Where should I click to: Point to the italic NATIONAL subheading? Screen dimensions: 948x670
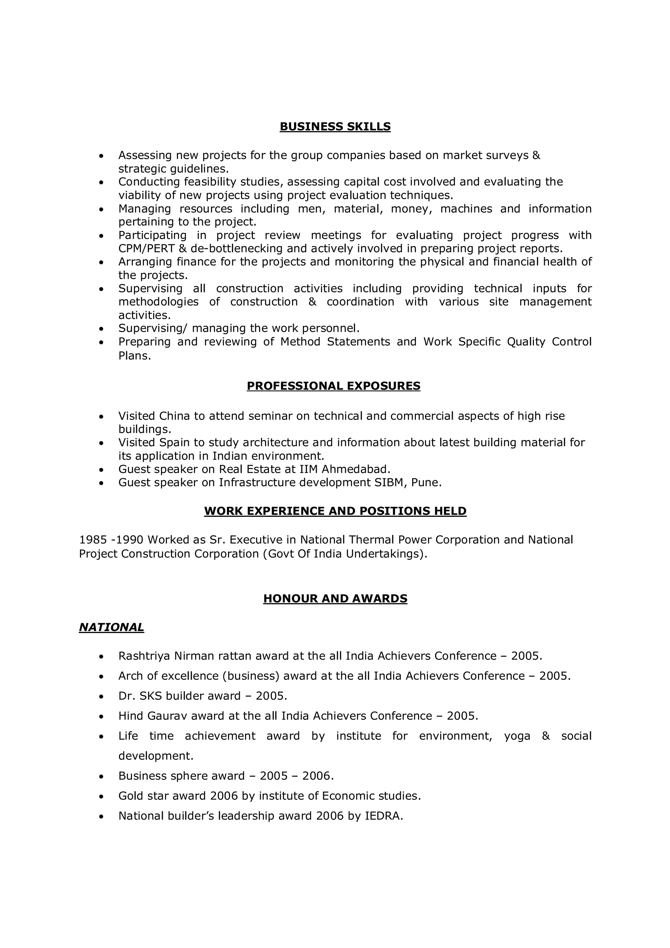coord(112,627)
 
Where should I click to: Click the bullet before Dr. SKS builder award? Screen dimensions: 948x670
coord(101,696)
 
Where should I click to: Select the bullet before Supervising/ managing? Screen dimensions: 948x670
coord(101,329)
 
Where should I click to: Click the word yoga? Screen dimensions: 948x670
coord(517,736)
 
